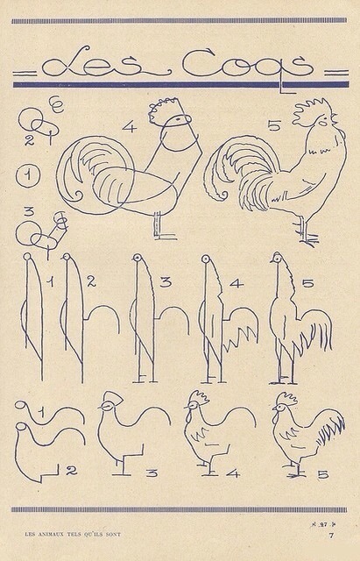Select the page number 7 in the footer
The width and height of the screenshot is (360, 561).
(331, 534)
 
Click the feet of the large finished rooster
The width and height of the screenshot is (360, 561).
(307, 238)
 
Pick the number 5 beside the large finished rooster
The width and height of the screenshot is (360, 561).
(273, 126)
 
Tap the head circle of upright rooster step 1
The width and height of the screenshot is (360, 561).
(27, 258)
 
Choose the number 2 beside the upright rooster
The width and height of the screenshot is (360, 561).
(90, 281)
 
